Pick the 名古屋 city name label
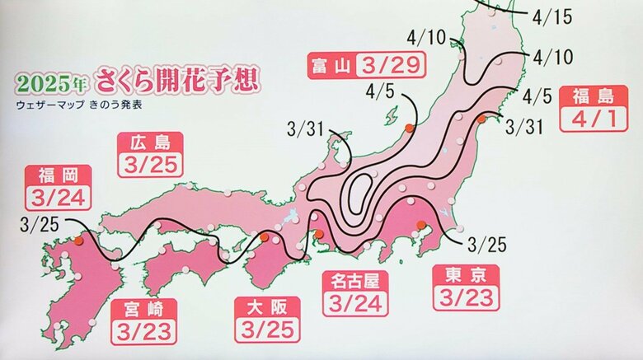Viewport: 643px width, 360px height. [353, 279]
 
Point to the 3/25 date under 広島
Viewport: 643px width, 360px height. [150, 165]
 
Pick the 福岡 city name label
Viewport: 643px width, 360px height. [58, 175]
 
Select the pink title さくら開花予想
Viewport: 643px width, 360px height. [177, 81]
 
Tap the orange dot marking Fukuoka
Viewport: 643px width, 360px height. [78, 241]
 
